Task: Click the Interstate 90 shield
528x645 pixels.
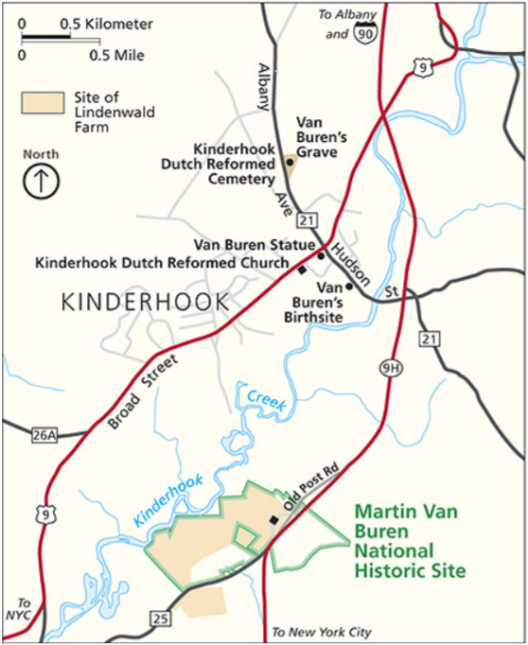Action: click(363, 35)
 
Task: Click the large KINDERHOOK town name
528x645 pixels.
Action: click(145, 302)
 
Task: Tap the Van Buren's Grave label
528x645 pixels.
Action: click(323, 137)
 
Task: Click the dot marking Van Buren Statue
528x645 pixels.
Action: click(321, 255)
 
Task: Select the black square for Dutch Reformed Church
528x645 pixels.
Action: click(302, 270)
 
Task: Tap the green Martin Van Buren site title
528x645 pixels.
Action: click(409, 541)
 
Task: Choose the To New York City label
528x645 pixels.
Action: click(321, 632)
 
